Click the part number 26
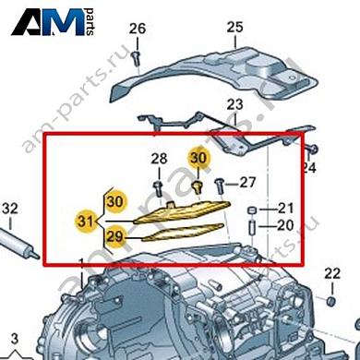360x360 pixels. [x=137, y=30]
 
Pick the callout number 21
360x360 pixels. [x=285, y=208]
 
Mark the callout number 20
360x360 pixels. [x=285, y=225]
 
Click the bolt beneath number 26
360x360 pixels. [x=136, y=58]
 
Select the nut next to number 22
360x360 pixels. [x=330, y=301]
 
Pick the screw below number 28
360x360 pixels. [x=161, y=187]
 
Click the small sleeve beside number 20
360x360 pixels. [x=252, y=226]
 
